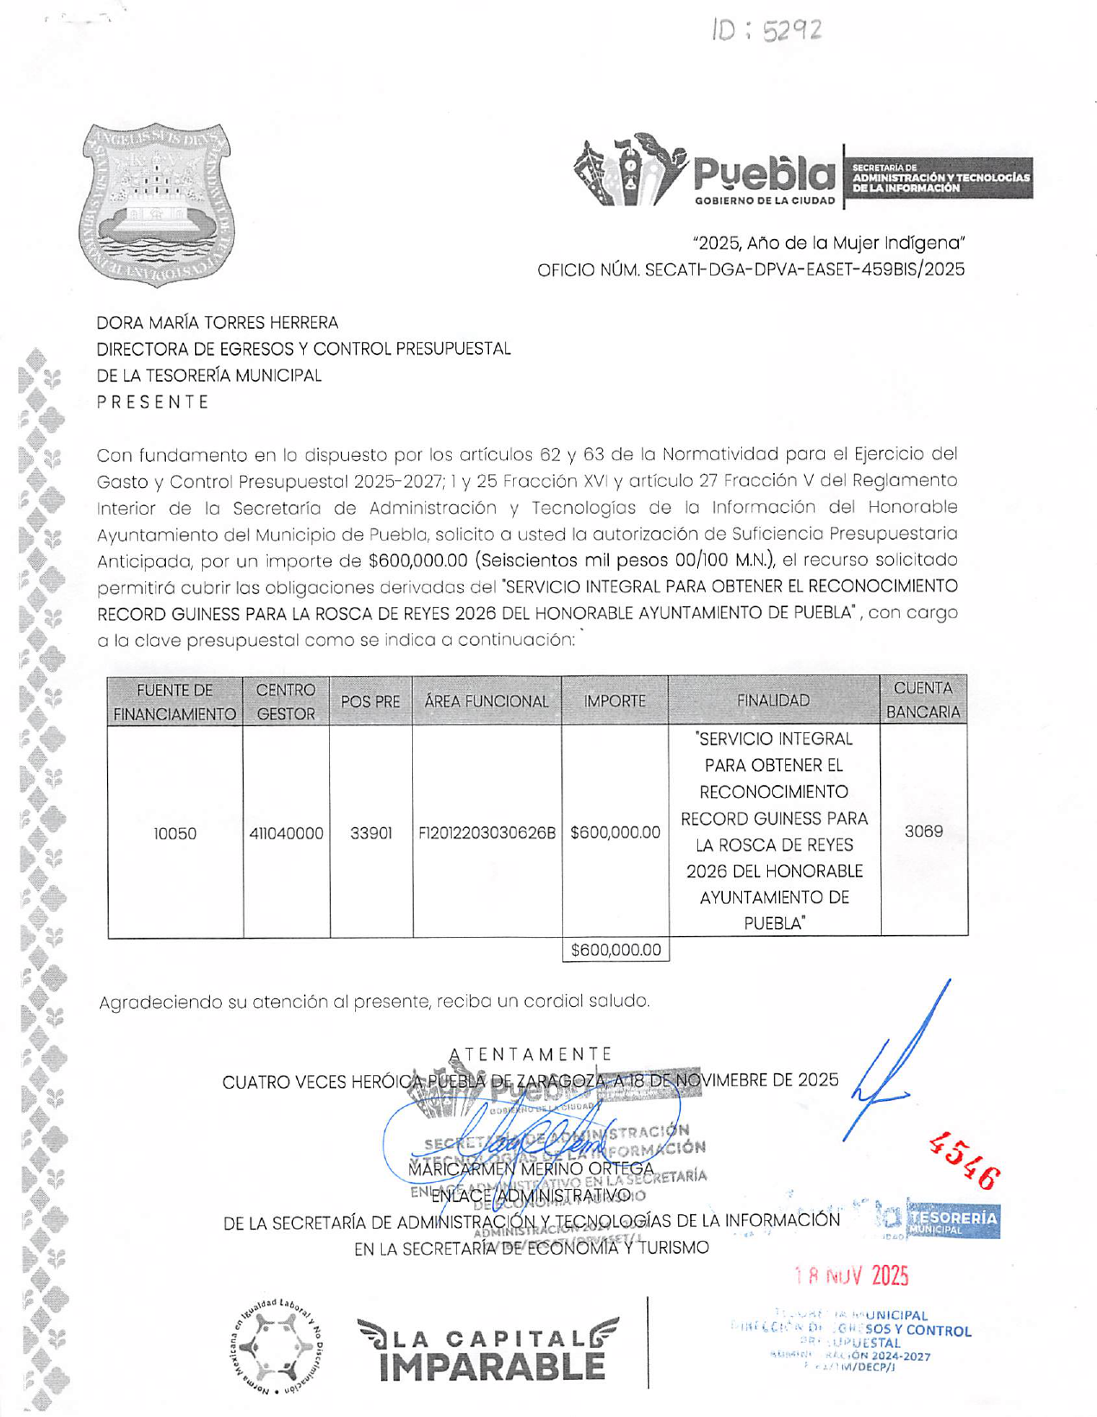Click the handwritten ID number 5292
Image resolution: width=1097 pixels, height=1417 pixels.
(767, 32)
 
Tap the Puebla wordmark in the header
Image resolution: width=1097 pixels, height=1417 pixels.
(764, 175)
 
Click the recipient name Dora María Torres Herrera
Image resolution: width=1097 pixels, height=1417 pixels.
(217, 323)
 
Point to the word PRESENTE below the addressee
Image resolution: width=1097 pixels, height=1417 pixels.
(153, 402)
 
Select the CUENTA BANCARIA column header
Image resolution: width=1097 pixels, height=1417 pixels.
(923, 700)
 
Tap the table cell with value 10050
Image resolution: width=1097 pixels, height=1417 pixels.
(174, 833)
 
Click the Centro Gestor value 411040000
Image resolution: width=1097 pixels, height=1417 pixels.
(286, 833)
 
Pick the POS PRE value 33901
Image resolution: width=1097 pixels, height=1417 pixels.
(371, 833)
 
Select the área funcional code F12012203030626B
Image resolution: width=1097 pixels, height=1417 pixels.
(486, 833)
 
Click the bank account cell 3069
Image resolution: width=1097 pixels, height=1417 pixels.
(923, 832)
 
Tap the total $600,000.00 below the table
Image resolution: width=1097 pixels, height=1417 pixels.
(615, 951)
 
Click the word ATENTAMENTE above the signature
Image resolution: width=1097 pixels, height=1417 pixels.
(530, 1054)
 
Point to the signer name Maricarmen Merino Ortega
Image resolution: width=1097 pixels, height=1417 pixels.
(530, 1169)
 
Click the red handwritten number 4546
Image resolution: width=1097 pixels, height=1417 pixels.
(965, 1160)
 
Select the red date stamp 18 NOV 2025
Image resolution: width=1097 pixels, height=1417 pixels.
(851, 1275)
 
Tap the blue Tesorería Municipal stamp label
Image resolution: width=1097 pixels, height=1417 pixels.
(952, 1220)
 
